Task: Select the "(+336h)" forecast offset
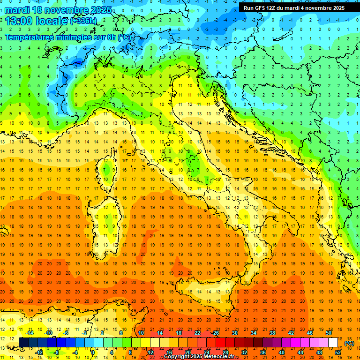[x=84, y=21]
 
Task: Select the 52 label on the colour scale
[x=338, y=352]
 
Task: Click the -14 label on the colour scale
[x=29, y=333]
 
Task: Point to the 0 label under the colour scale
[x=92, y=352]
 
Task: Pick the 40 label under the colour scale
[x=281, y=352]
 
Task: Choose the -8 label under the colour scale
[x=56, y=352]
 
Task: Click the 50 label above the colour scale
[x=329, y=333]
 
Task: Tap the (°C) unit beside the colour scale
[x=349, y=343]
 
